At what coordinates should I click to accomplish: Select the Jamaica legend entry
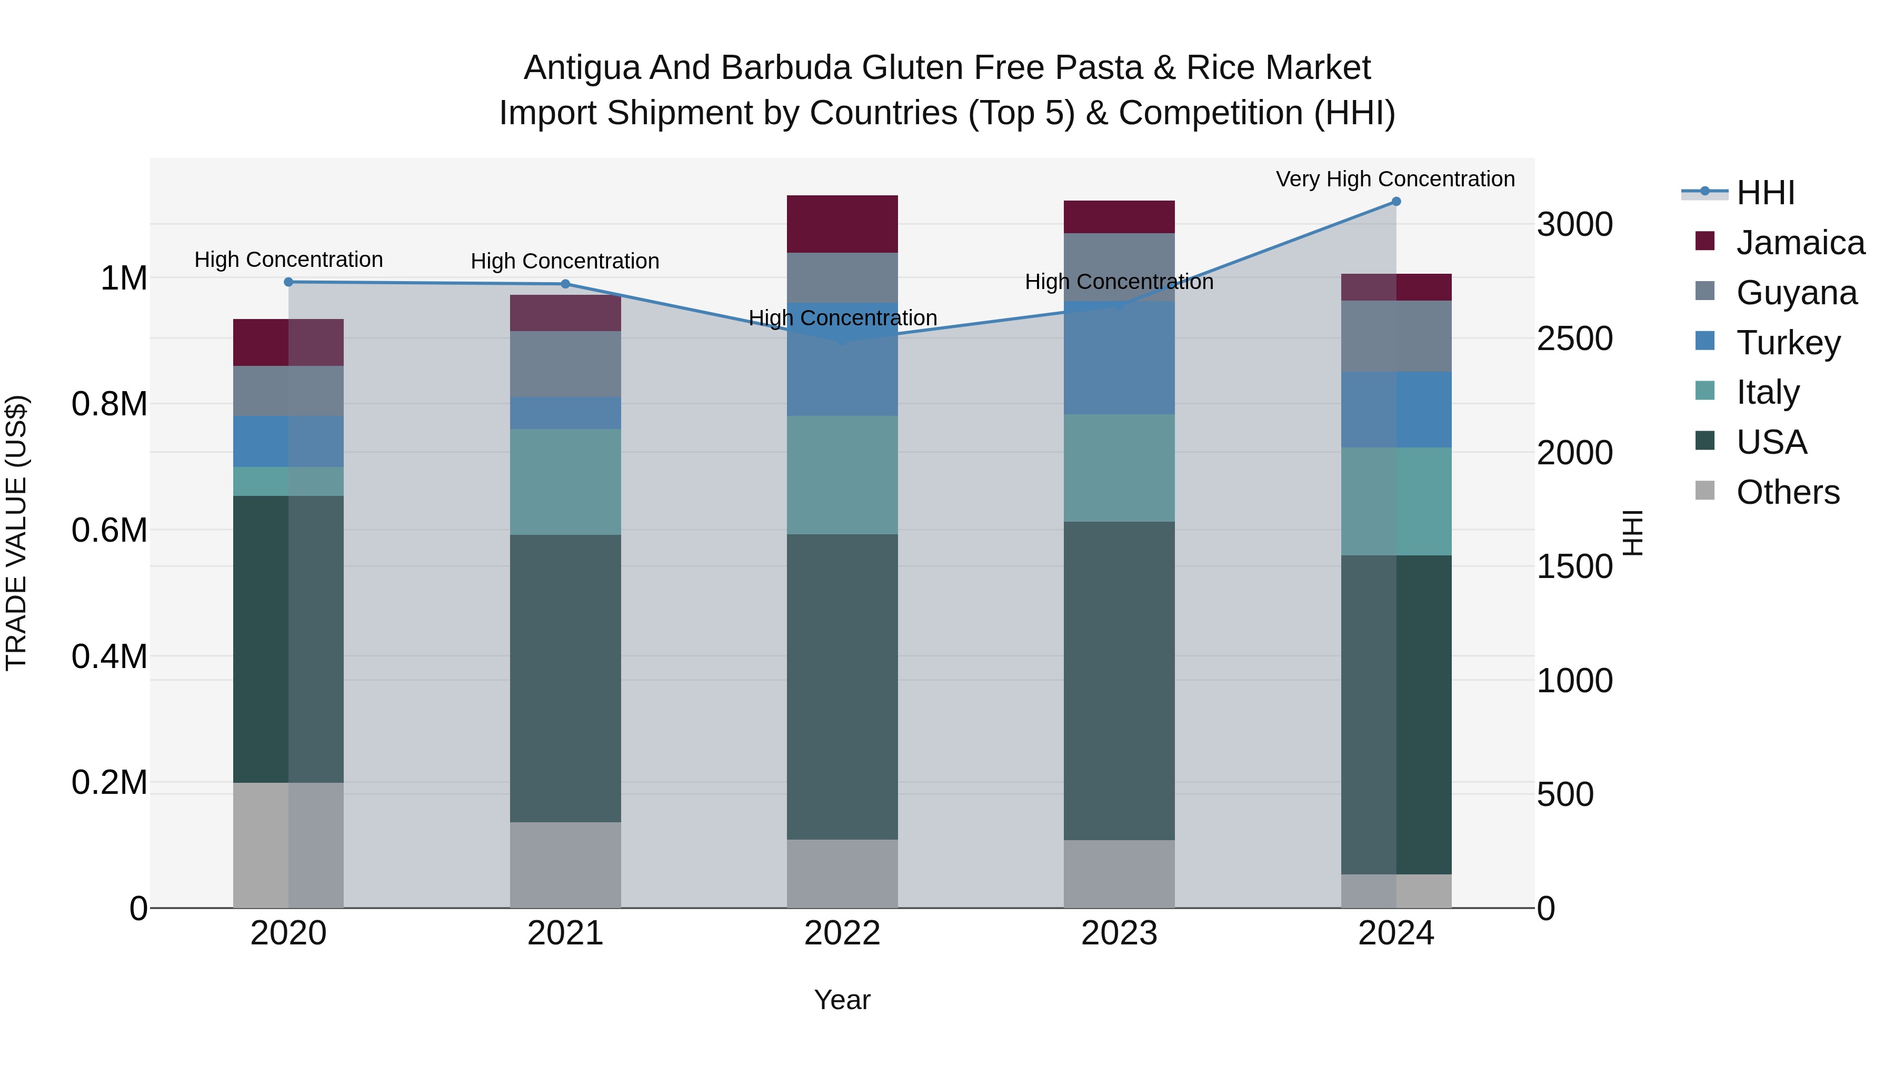click(1799, 243)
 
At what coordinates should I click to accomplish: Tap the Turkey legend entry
click(1788, 343)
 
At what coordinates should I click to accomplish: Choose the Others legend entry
click(1787, 492)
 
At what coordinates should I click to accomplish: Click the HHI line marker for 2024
click(1396, 202)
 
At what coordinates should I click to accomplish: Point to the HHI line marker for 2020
click(288, 282)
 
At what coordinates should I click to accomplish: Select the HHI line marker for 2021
click(565, 284)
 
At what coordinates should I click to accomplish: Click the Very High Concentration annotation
click(1395, 179)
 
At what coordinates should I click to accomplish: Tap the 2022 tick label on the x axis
click(842, 933)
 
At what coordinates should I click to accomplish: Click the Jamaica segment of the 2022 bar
click(842, 224)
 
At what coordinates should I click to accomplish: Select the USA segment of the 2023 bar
click(1119, 681)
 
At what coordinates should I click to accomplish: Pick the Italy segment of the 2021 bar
click(565, 481)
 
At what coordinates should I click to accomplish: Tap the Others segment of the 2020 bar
click(288, 844)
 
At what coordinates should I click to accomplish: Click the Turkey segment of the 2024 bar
click(1396, 409)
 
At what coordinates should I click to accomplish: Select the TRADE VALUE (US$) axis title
click(16, 533)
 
